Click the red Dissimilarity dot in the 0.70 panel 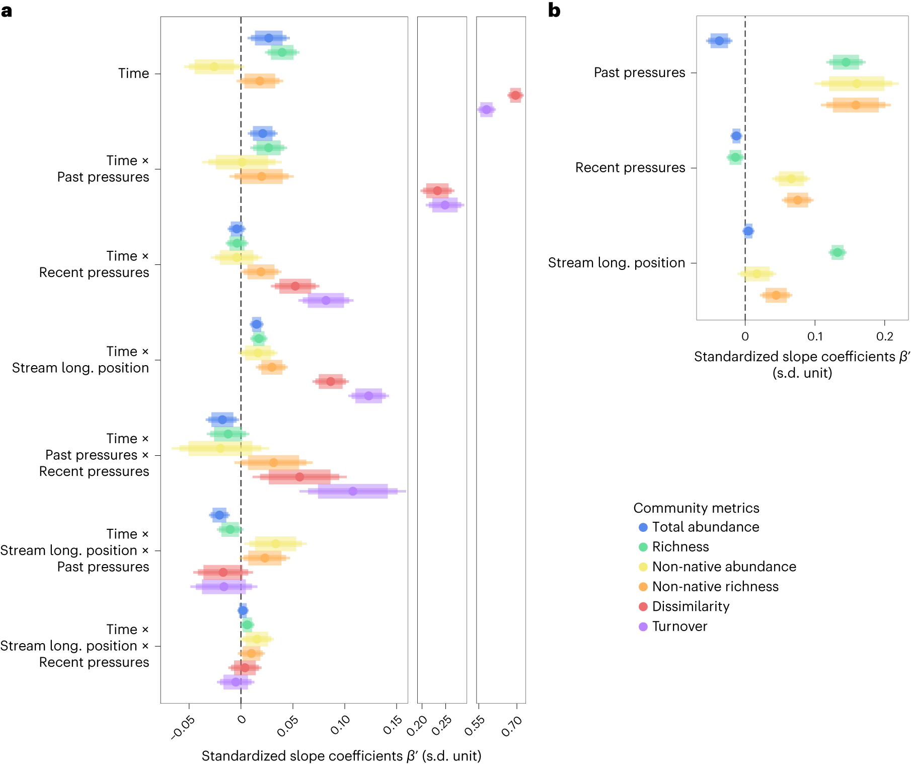coord(515,95)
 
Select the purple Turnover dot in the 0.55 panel coord(486,109)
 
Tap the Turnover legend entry coord(679,627)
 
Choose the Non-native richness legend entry coord(715,587)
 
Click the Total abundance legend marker coord(643,527)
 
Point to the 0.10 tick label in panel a coord(341,725)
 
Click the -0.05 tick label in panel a coord(183,727)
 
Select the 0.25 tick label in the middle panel coord(442,725)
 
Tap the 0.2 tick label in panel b coord(884,336)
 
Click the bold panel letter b coord(554,10)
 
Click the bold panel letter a coord(7,10)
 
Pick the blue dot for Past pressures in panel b coord(719,41)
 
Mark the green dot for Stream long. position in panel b coord(838,252)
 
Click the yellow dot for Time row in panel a coord(214,66)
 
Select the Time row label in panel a coord(133,74)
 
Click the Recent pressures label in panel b coord(630,168)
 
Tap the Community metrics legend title coord(696,508)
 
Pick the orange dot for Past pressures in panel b coord(856,105)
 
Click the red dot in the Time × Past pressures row coord(437,190)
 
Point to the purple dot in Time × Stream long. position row coord(368,396)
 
